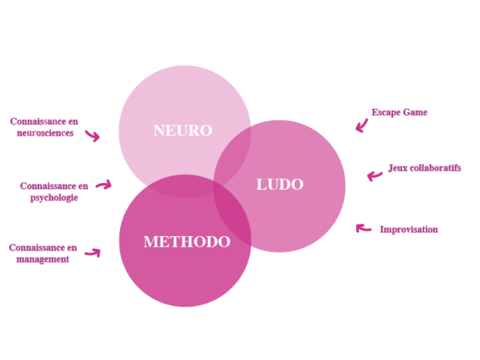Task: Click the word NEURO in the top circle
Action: point(183,130)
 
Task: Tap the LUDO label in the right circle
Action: point(280,184)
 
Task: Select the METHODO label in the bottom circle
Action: point(187,241)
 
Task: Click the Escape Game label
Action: point(400,112)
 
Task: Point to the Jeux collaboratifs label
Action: point(424,168)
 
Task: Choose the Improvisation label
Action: point(409,229)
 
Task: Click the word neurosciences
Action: point(45,133)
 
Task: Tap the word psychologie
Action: point(54,198)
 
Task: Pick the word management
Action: point(43,259)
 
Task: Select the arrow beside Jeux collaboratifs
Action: point(374,176)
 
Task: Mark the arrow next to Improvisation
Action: point(363,228)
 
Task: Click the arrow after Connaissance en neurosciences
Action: point(93,136)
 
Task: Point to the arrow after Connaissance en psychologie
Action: point(104,185)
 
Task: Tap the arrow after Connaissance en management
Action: point(93,253)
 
